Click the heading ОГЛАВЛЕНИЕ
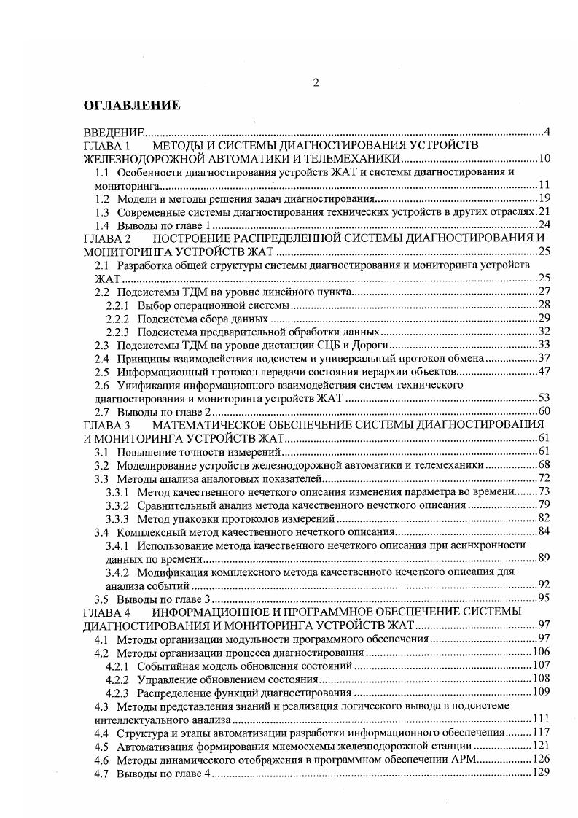[x=131, y=106]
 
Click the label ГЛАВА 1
[x=106, y=146]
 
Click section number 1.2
[x=103, y=198]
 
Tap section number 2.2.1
[x=117, y=305]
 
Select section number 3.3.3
[x=117, y=518]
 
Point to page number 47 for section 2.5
[x=543, y=372]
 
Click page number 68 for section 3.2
[x=543, y=465]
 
